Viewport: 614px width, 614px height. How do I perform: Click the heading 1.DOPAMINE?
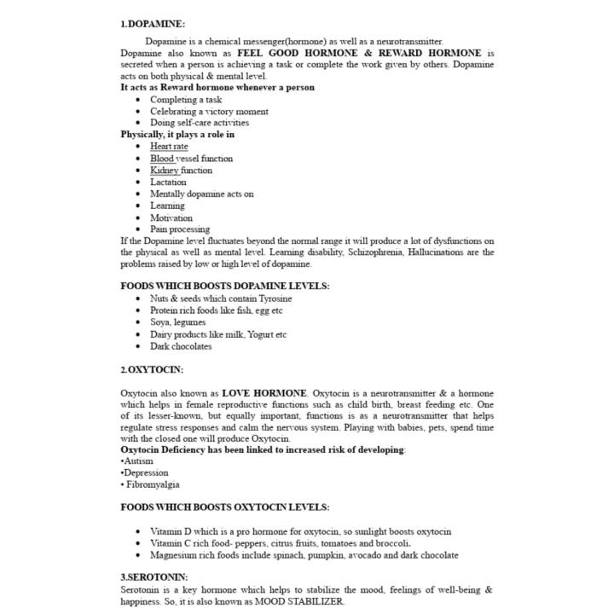153,24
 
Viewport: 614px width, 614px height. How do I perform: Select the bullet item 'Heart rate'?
169,147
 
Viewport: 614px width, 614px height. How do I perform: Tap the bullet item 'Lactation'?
168,182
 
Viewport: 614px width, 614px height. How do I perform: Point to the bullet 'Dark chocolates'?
181,346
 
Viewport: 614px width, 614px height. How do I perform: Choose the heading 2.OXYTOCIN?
152,370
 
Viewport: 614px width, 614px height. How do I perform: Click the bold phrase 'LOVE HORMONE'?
264,393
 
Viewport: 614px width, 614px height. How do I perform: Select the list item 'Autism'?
139,460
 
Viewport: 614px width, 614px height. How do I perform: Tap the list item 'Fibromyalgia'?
153,484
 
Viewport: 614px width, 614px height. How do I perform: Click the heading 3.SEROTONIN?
154,577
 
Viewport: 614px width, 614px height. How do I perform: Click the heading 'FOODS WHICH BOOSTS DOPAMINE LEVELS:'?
224,287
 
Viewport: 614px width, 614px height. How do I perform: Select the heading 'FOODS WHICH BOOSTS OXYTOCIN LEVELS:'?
224,507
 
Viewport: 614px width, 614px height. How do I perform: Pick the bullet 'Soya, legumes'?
177,322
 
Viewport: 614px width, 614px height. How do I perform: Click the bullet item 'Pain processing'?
180,229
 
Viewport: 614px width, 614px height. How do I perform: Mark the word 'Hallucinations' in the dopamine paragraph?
435,252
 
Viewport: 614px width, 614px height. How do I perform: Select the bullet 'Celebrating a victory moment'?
209,111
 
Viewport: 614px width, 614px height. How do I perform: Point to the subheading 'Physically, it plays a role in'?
177,134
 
